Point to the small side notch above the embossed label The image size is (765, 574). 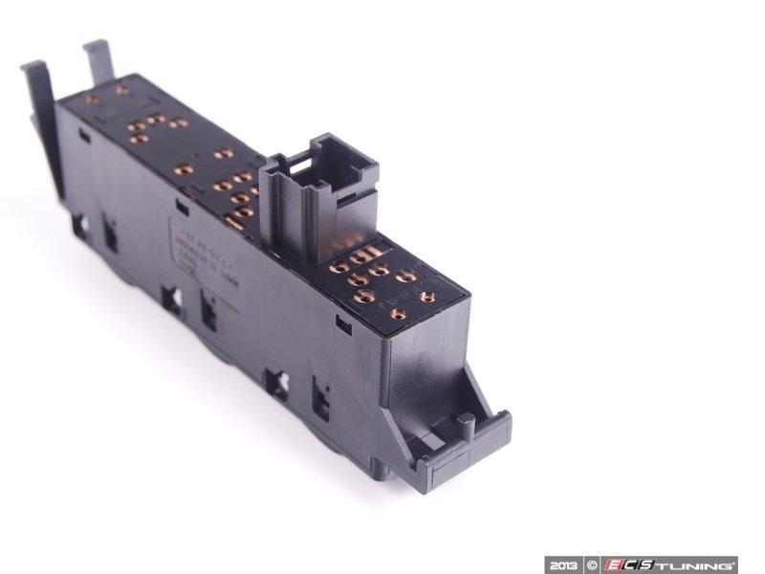pos(179,204)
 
